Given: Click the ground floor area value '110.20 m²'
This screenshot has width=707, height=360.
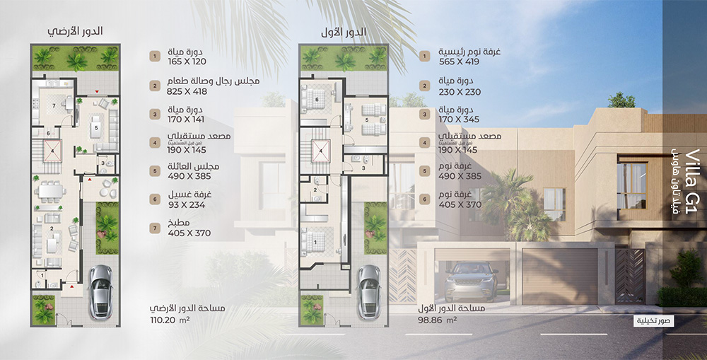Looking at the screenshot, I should pos(170,320).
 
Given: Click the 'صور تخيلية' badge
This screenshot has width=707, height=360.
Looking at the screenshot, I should pos(653,320).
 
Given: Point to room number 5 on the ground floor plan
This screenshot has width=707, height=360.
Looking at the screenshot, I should pos(95,128).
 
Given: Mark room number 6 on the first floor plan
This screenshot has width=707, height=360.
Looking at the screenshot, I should pos(317,100).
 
